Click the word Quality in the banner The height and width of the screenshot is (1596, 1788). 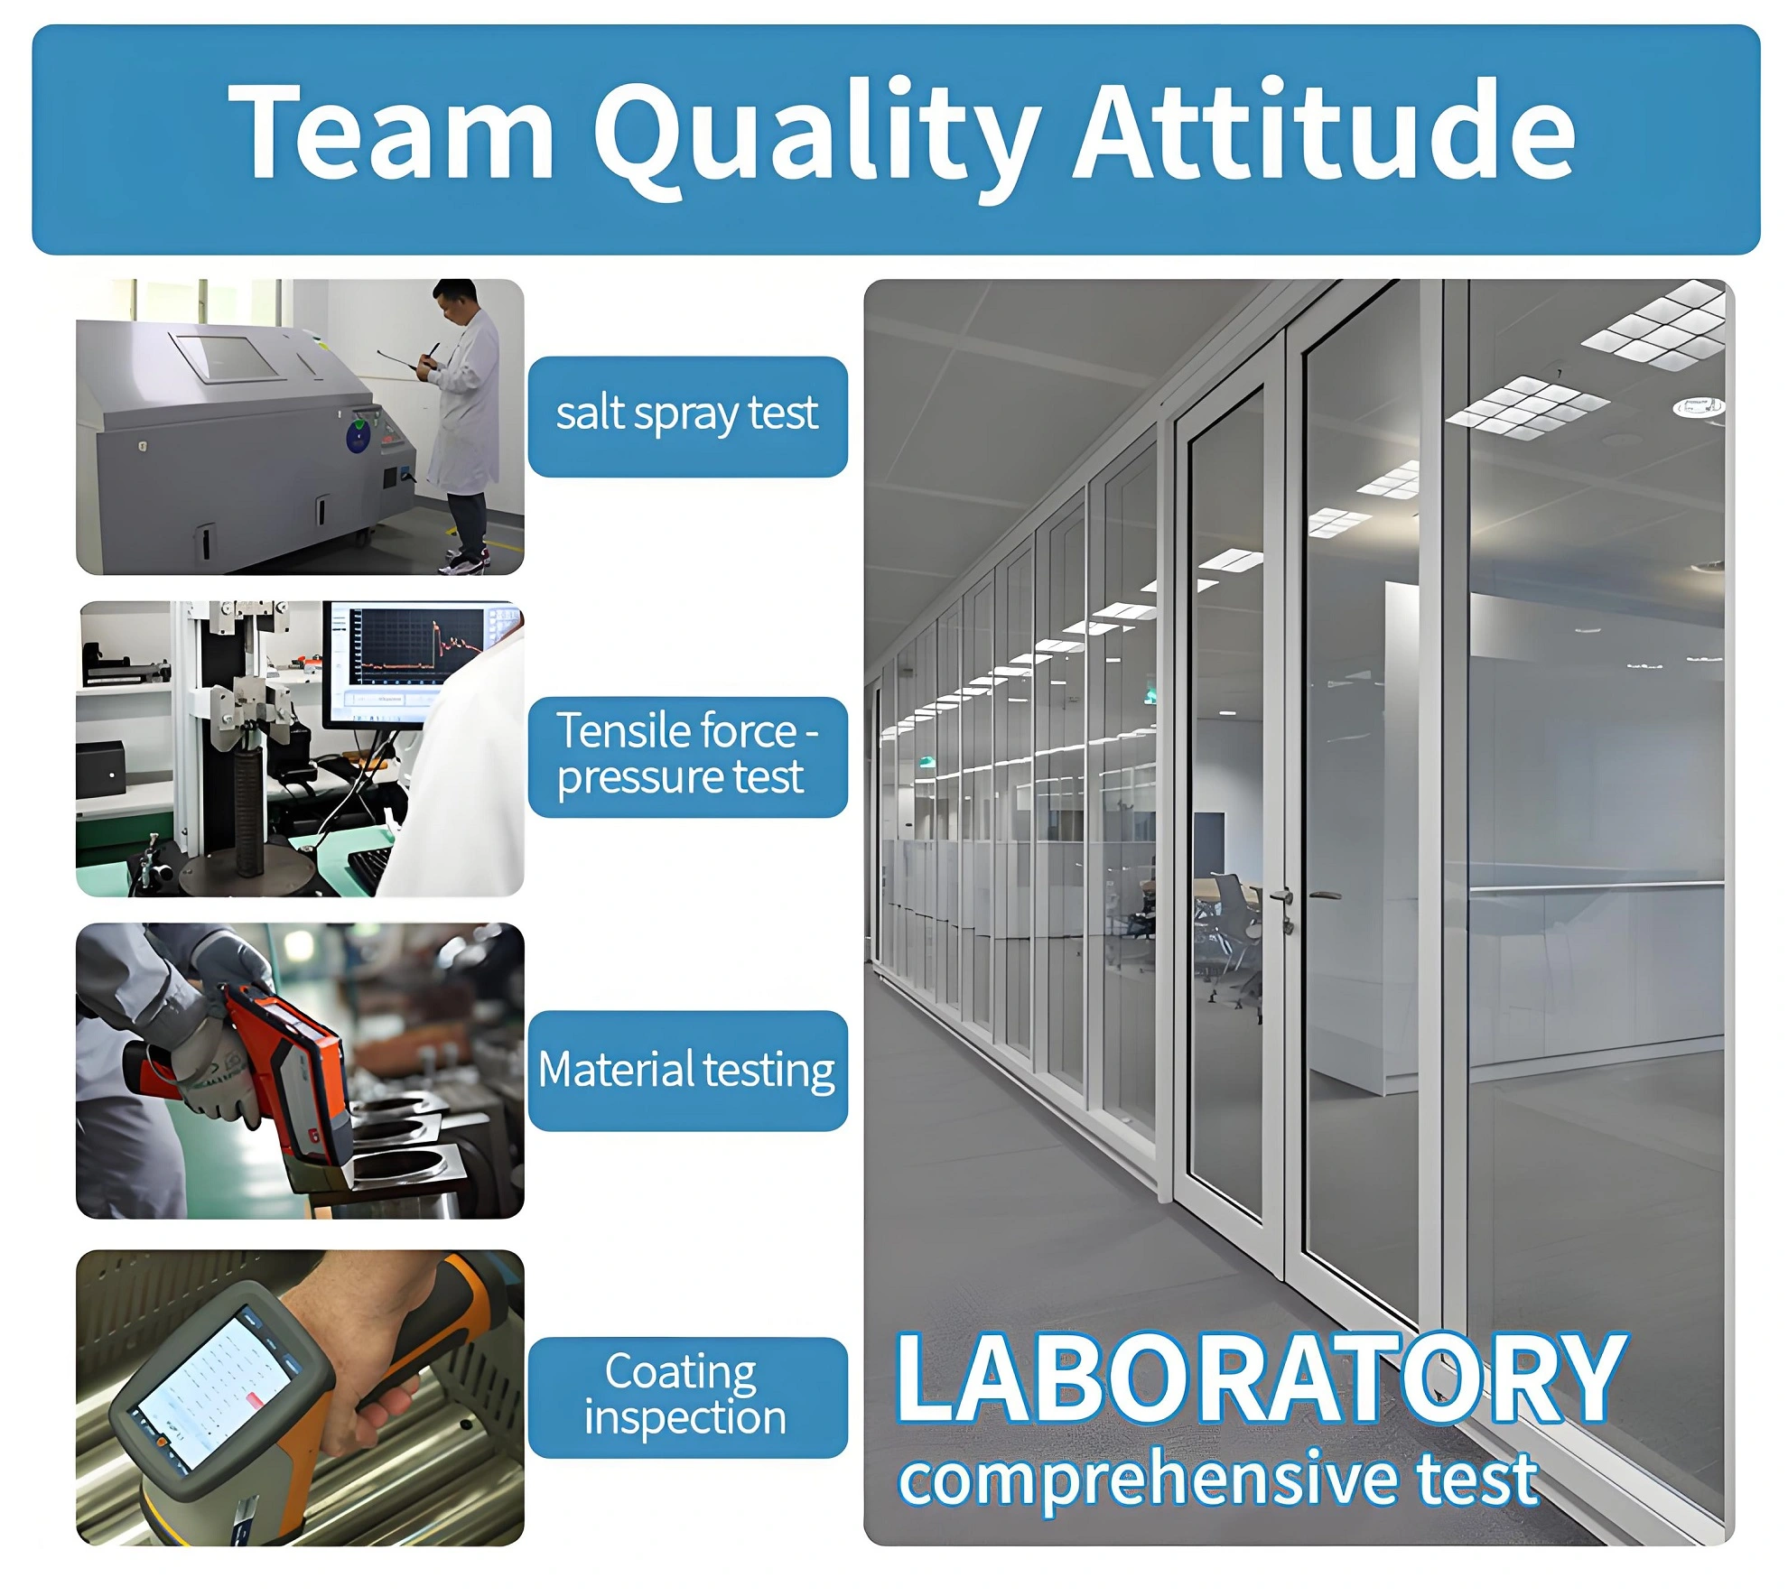pyautogui.click(x=817, y=135)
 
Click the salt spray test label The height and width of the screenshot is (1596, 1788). pyautogui.click(x=687, y=416)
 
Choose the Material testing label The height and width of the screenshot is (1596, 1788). pyautogui.click(x=687, y=1070)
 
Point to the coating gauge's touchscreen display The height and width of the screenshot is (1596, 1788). pyautogui.click(x=217, y=1390)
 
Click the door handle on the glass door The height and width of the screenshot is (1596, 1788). pyautogui.click(x=1283, y=897)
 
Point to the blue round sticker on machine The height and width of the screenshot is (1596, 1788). pyautogui.click(x=358, y=439)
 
